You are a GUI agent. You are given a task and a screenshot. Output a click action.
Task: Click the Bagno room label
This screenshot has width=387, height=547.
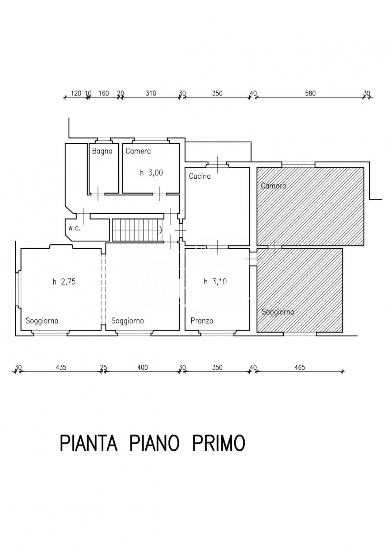click(102, 151)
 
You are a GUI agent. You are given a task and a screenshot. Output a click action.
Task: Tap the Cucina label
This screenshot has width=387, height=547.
click(200, 176)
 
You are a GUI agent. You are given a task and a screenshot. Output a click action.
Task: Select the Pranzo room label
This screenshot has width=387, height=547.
click(202, 321)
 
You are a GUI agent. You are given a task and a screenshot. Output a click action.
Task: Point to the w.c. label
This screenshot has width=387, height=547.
click(74, 229)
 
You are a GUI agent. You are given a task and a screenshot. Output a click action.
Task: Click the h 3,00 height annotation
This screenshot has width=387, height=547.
click(151, 173)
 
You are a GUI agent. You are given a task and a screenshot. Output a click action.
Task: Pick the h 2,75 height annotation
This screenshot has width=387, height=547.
click(64, 282)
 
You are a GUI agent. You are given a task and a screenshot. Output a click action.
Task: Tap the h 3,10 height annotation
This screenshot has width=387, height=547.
click(215, 282)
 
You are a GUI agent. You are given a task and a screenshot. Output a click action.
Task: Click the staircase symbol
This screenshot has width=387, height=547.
click(137, 229)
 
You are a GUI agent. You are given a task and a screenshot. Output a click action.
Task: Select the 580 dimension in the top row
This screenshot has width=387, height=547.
click(310, 93)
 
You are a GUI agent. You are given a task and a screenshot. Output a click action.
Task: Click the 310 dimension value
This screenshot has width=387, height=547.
click(151, 93)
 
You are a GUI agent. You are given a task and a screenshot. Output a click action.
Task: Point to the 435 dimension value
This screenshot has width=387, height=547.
click(61, 367)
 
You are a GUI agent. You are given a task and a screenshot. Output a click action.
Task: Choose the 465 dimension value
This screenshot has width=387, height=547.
click(300, 367)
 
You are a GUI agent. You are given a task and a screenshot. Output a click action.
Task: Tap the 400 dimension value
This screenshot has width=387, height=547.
click(142, 367)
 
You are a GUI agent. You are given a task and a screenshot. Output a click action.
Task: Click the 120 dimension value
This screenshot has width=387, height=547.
click(76, 93)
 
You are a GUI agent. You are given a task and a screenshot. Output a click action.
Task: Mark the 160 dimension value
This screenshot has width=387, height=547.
click(104, 93)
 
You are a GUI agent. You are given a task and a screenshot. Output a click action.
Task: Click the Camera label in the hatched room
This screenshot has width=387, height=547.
click(273, 186)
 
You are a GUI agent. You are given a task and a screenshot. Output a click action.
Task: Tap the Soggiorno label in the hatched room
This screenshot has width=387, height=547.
click(278, 312)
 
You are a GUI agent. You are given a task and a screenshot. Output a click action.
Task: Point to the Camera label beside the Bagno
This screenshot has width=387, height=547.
click(138, 151)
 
